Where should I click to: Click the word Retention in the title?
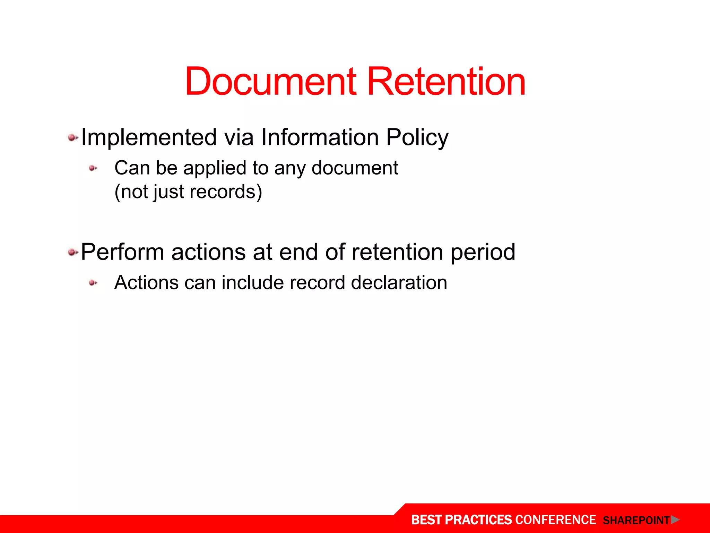tap(446, 82)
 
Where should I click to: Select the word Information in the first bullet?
tap(320, 137)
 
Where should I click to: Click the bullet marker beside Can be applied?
tap(93, 168)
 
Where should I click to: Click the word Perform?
tap(122, 252)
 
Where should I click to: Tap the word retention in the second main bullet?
tap(397, 252)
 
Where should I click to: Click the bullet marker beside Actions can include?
tap(93, 283)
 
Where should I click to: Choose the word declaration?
tap(399, 282)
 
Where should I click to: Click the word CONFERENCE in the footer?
tap(555, 520)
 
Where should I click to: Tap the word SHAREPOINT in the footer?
tap(636, 521)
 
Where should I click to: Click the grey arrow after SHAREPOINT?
tap(675, 520)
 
